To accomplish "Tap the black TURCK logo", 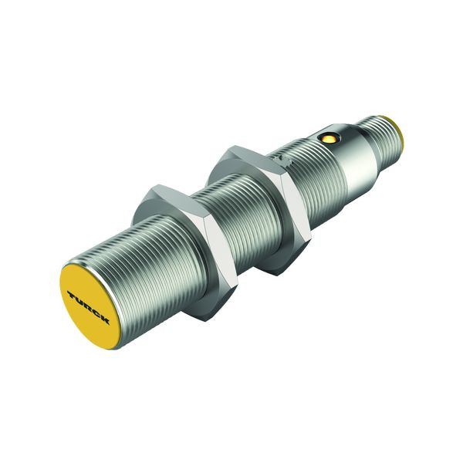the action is tap(88, 308).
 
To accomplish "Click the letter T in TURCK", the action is tap(72, 296).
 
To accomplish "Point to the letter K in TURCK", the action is tap(105, 320).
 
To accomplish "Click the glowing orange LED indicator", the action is tap(329, 137).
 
